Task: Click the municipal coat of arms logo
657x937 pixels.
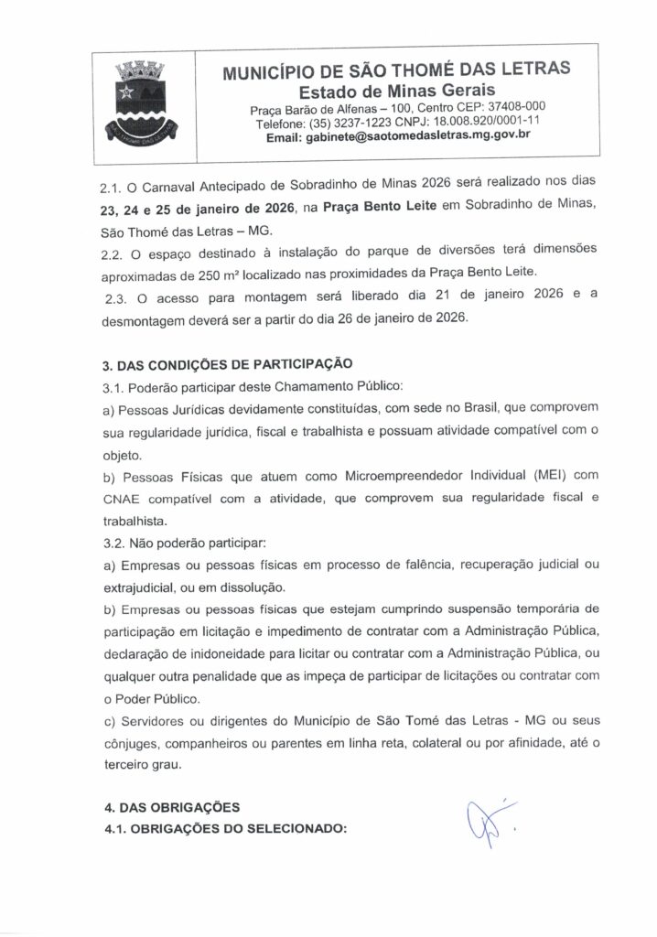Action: [x=139, y=103]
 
